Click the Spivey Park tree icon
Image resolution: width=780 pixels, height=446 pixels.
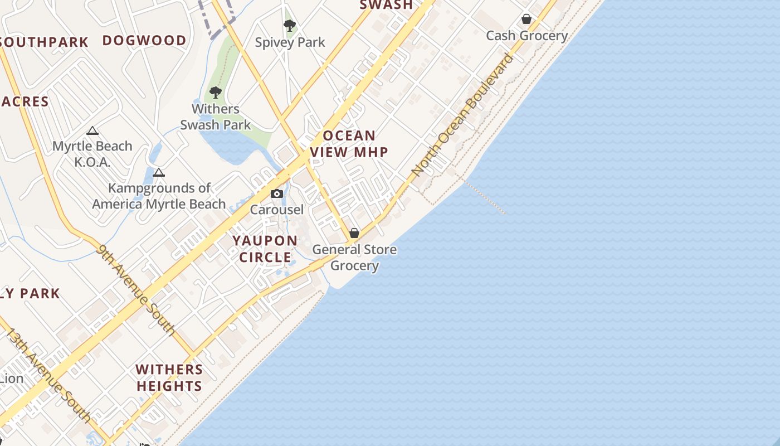pyautogui.click(x=289, y=25)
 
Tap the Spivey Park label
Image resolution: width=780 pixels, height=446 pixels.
pyautogui.click(x=290, y=42)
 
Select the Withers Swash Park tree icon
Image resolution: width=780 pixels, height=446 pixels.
pyautogui.click(x=216, y=93)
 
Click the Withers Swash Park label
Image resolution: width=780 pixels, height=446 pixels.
pyautogui.click(x=216, y=117)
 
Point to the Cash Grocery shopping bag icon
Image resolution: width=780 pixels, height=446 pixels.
pyautogui.click(x=526, y=20)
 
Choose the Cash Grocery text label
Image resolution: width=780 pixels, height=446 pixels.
pyautogui.click(x=526, y=36)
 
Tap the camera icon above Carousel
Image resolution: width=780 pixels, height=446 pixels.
pyautogui.click(x=277, y=194)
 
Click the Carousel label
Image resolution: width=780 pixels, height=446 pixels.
pyautogui.click(x=277, y=210)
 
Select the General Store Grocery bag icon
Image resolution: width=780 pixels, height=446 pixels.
pyautogui.click(x=354, y=233)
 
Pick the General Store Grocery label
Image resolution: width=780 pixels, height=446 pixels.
pyautogui.click(x=354, y=257)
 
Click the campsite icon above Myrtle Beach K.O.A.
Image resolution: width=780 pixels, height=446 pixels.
pyautogui.click(x=92, y=131)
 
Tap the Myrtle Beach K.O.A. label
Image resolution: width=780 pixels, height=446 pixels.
pyautogui.click(x=92, y=154)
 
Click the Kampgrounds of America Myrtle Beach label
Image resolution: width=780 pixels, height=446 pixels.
pyautogui.click(x=159, y=196)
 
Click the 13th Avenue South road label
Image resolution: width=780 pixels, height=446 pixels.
pyautogui.click(x=48, y=375)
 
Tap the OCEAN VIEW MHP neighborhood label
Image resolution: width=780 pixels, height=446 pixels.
pyautogui.click(x=349, y=144)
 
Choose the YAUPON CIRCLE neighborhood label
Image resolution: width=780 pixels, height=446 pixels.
pyautogui.click(x=265, y=249)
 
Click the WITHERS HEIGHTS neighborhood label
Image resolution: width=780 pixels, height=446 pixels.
pyautogui.click(x=169, y=377)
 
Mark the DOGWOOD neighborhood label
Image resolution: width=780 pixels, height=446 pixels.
pyautogui.click(x=144, y=41)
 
